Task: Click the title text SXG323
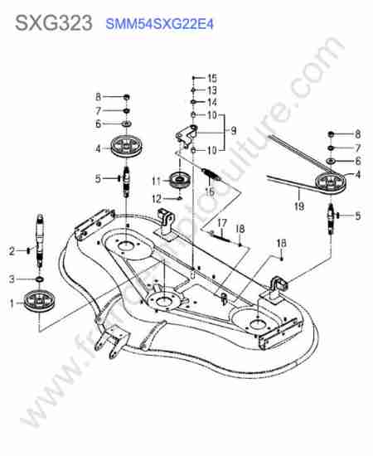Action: tap(54, 23)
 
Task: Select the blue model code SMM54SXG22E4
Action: tap(160, 24)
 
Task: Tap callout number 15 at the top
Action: tap(212, 78)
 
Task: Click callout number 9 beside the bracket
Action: tap(233, 131)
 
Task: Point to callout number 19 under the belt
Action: tap(299, 206)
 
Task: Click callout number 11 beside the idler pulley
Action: tap(157, 182)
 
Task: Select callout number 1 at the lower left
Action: tap(12, 303)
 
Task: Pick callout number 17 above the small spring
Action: tap(222, 223)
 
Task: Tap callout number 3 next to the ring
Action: tap(12, 279)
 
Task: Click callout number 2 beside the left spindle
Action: tap(12, 251)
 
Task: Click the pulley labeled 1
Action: tap(39, 301)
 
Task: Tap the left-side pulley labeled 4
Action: tap(127, 147)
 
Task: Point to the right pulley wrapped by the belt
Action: tap(331, 183)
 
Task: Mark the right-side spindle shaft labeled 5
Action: tap(331, 219)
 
